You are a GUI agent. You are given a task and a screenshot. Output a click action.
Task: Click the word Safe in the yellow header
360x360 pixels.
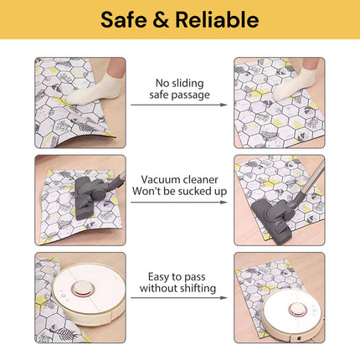(x=124, y=19)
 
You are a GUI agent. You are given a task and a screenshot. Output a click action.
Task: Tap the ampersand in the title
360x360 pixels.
(x=161, y=20)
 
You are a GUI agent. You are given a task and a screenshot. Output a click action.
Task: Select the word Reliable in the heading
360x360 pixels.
(x=217, y=19)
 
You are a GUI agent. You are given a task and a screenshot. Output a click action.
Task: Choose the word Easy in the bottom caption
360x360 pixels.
(x=158, y=277)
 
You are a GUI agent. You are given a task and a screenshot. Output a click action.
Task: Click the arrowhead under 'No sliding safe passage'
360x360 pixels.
(x=224, y=105)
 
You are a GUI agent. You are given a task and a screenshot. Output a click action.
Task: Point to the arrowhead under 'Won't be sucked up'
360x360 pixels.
(x=224, y=202)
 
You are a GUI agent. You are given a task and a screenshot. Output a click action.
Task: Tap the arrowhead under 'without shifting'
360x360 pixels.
(x=224, y=298)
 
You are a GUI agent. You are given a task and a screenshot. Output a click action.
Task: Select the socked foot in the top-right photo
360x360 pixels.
(x=294, y=82)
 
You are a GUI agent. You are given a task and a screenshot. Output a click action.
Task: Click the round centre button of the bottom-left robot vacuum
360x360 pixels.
(x=82, y=289)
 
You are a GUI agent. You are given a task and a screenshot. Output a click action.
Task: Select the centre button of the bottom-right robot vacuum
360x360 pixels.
(x=297, y=310)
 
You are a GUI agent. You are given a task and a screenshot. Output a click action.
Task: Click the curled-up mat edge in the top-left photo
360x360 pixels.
(x=84, y=138)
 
